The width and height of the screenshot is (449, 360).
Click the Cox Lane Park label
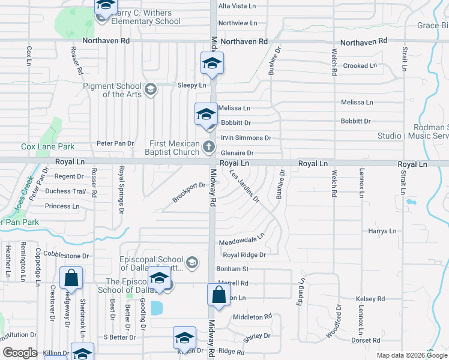point(48,146)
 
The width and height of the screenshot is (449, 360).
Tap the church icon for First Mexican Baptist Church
point(209,146)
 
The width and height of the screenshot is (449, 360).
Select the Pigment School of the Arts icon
point(150,89)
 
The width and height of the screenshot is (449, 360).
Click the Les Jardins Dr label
point(244,185)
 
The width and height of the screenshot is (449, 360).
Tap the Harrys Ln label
point(382,231)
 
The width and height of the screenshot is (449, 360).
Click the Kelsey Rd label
point(370,299)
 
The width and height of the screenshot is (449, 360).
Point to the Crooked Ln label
point(360,65)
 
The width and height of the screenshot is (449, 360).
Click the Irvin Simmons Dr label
point(246,138)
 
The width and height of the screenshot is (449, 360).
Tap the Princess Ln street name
point(62,206)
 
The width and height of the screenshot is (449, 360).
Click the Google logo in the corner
point(20,353)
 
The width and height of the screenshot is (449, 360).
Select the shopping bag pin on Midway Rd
point(219,296)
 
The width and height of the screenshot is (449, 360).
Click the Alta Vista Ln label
point(238,5)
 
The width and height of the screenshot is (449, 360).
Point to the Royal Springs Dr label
point(121,190)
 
